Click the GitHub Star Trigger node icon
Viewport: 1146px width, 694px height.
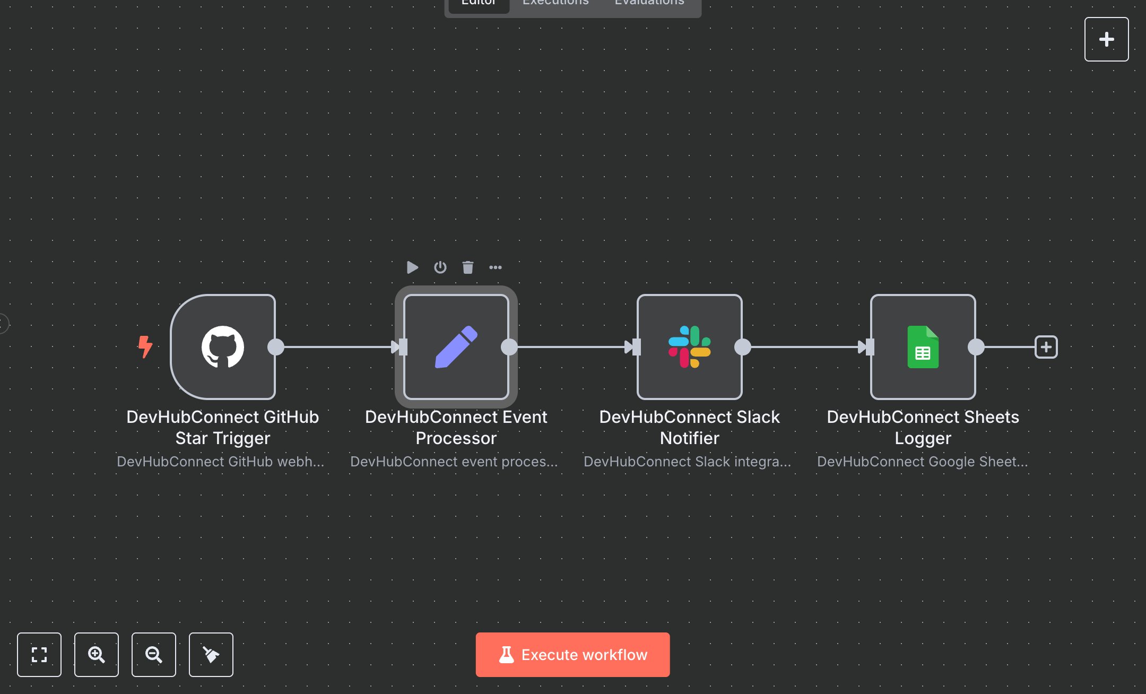(x=223, y=347)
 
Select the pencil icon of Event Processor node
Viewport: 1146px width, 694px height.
(x=456, y=347)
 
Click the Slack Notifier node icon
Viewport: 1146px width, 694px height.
(x=689, y=347)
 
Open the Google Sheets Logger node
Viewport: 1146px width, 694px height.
(x=923, y=347)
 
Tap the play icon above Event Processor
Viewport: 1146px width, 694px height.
(x=412, y=267)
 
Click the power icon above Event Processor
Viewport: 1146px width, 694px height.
(x=440, y=267)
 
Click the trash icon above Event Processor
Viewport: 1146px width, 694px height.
(x=467, y=267)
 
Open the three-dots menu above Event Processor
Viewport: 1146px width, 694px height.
(x=496, y=267)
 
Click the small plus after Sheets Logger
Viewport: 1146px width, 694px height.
(x=1046, y=347)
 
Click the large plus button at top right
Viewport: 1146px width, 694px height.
(x=1106, y=39)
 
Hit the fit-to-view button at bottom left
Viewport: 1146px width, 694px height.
(x=39, y=655)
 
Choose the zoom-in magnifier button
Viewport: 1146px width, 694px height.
(x=97, y=655)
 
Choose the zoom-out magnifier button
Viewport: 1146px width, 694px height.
(x=154, y=655)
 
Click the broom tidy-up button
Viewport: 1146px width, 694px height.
(x=211, y=655)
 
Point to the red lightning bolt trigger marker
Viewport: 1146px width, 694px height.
(x=145, y=346)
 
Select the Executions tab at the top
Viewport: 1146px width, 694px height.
(x=555, y=3)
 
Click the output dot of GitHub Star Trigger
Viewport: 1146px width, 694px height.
(x=276, y=347)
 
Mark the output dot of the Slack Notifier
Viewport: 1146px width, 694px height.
(x=743, y=347)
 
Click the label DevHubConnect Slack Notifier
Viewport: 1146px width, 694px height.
(x=689, y=427)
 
